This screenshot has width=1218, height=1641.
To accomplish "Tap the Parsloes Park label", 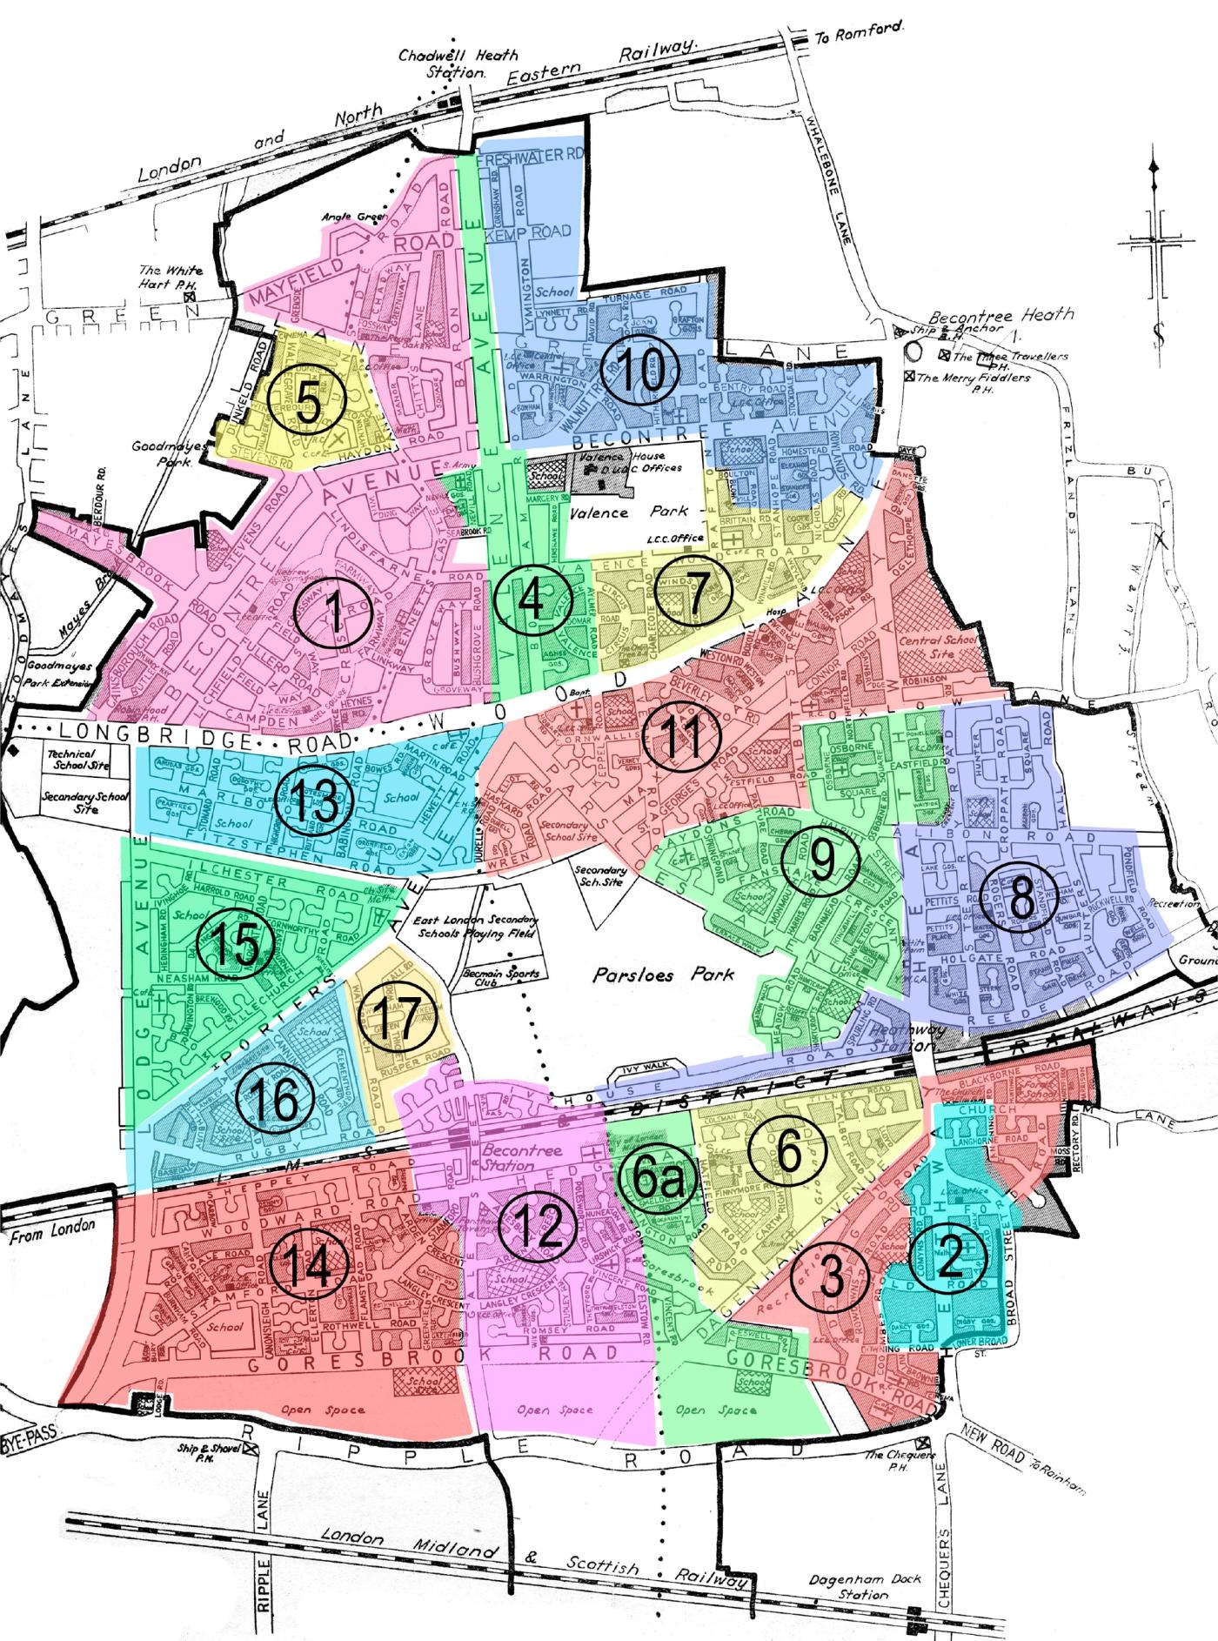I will pos(663,975).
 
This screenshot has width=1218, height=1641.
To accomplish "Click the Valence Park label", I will pos(629,512).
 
